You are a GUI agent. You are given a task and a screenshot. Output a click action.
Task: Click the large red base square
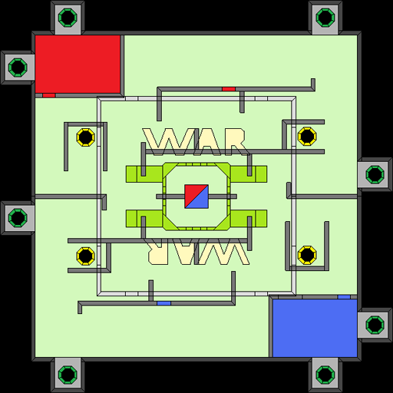click(78, 64)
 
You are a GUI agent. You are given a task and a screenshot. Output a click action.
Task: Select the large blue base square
click(315, 328)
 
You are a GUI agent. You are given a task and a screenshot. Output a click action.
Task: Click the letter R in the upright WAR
click(236, 142)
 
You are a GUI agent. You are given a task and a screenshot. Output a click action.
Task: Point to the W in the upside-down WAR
click(223, 252)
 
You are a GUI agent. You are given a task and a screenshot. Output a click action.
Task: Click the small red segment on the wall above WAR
click(229, 89)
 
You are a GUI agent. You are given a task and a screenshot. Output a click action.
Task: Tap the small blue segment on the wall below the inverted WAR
click(163, 303)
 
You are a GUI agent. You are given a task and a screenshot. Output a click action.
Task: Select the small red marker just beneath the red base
click(49, 95)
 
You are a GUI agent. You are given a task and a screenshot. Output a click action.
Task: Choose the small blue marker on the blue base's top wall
click(344, 297)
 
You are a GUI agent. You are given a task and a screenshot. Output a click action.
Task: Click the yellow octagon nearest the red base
click(86, 137)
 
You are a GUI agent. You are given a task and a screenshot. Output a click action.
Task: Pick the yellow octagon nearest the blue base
click(307, 255)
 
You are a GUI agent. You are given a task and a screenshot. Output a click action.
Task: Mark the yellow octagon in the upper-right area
click(307, 137)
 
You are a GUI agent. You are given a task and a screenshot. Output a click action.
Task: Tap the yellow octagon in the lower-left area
click(86, 256)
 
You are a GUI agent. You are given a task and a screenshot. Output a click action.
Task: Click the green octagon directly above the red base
click(68, 18)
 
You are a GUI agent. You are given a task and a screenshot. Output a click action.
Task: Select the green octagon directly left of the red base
click(18, 68)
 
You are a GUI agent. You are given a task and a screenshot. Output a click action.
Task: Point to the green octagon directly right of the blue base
click(375, 325)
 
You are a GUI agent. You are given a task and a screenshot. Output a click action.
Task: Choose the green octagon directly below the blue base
click(325, 375)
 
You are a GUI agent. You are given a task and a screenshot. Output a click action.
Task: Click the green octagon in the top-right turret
click(325, 18)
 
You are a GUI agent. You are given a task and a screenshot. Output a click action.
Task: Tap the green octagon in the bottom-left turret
click(68, 375)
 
